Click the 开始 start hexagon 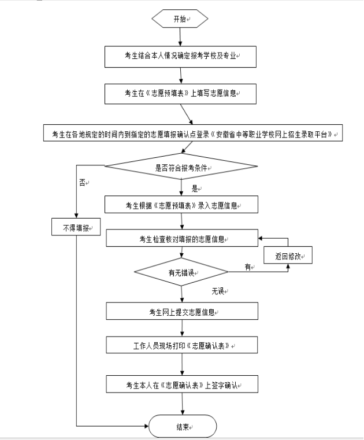[x=180, y=19]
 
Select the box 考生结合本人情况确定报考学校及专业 [x=180, y=56]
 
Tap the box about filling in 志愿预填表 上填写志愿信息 [x=180, y=93]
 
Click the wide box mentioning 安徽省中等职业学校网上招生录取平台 [x=194, y=133]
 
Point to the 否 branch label [x=82, y=182]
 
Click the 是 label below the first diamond [x=195, y=188]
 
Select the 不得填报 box [x=76, y=227]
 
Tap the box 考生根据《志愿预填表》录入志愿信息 [x=180, y=205]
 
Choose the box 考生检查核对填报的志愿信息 [x=181, y=238]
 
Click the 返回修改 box [x=288, y=254]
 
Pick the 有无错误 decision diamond [x=180, y=272]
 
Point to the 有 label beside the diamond [x=248, y=267]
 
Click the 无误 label [x=218, y=290]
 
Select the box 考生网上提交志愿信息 [x=181, y=312]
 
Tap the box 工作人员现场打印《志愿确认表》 [x=181, y=345]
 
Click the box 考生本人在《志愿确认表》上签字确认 [x=181, y=384]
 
